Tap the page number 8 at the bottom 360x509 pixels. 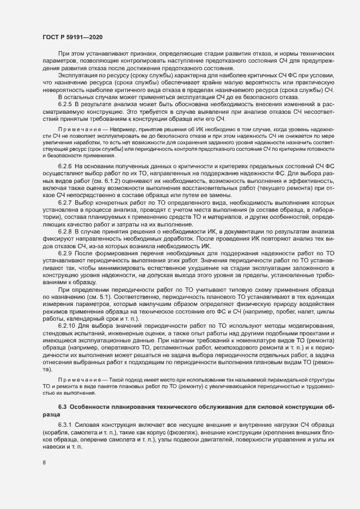pos(44,463)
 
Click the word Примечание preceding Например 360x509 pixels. pos(77,127)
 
